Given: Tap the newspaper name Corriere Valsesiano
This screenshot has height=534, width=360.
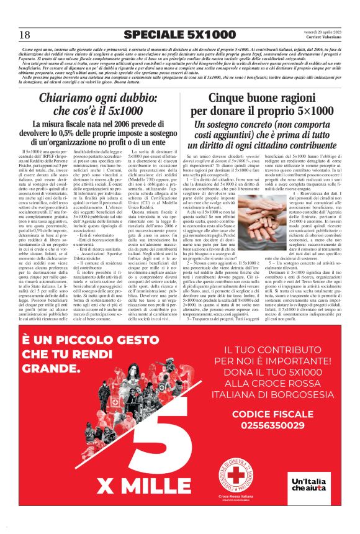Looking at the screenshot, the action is point(322,38).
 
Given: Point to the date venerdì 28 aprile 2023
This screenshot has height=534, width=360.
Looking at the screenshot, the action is point(321,32).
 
